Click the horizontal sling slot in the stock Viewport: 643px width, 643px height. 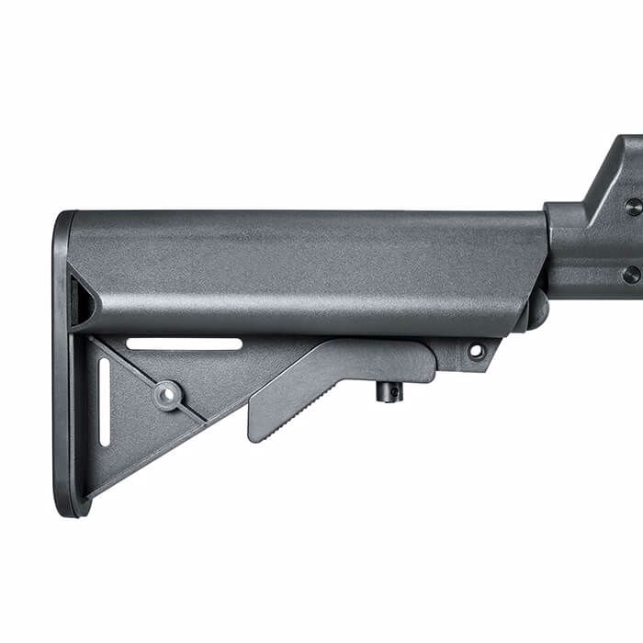[184, 344]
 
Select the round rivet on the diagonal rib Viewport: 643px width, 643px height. [167, 395]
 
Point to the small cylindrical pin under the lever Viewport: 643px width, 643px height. [389, 391]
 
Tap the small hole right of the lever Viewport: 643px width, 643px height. [476, 350]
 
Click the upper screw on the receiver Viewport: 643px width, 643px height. [632, 207]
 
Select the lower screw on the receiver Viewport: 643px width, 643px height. [630, 274]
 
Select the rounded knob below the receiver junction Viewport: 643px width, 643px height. [536, 312]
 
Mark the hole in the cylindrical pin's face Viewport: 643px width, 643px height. [392, 393]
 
